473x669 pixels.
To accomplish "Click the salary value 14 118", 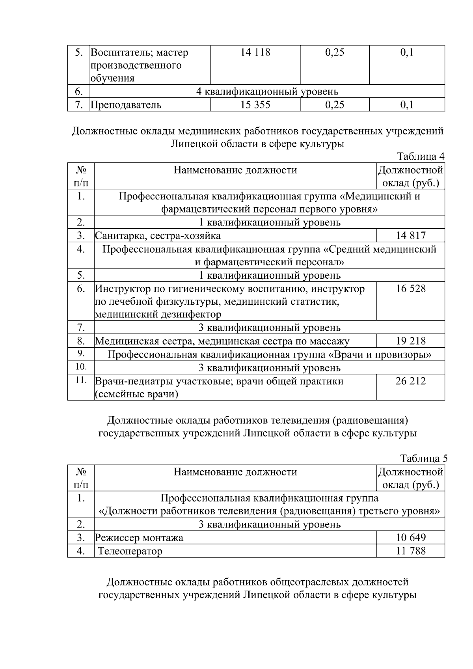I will pyautogui.click(x=255, y=52).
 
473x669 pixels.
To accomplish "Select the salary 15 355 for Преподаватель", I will pyautogui.click(x=255, y=105).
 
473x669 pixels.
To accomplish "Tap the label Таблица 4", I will pyautogui.click(x=421, y=157).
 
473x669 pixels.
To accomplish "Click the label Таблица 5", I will pyautogui.click(x=424, y=458).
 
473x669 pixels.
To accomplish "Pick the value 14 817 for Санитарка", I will pyautogui.click(x=411, y=236).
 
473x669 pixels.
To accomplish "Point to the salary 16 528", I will pyautogui.click(x=411, y=289).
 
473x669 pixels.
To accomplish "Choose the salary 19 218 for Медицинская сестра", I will pyautogui.click(x=411, y=341).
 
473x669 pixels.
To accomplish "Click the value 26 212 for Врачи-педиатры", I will pyautogui.click(x=411, y=381).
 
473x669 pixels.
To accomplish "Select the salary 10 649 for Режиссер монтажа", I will pyautogui.click(x=411, y=537).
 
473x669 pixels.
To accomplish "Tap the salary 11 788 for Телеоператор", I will pyautogui.click(x=411, y=551).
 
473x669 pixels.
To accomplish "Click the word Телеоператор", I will pyautogui.click(x=130, y=551).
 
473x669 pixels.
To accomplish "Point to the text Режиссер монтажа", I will pyautogui.click(x=139, y=538).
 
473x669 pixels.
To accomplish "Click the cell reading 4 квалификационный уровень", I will pyautogui.click(x=267, y=92).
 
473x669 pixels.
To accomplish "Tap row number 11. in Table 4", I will pyautogui.click(x=81, y=380).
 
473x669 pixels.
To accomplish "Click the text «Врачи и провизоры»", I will pyautogui.click(x=379, y=354).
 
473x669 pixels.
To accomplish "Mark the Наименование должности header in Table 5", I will pyautogui.click(x=235, y=472).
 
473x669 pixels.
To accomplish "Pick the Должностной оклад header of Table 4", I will pyautogui.click(x=410, y=177).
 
